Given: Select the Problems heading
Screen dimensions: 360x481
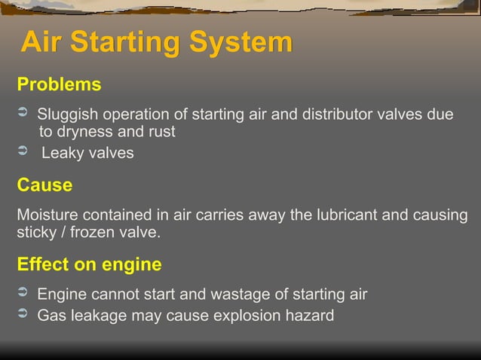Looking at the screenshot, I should point(59,84).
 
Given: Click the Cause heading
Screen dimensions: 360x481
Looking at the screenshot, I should point(44,185).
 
